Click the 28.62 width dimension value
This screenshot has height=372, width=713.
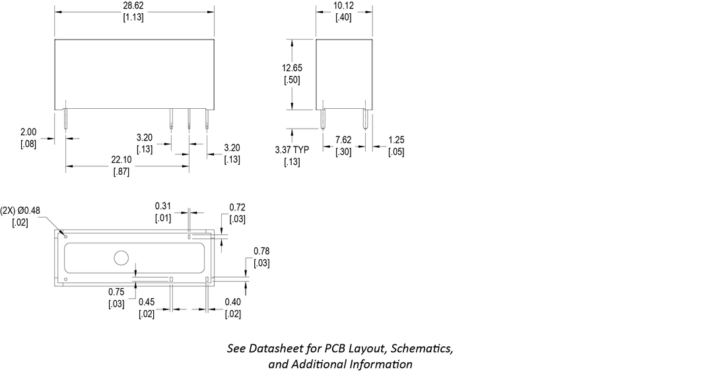click(x=134, y=6)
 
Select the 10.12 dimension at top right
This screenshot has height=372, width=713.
click(x=343, y=6)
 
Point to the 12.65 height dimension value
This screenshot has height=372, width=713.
click(x=292, y=68)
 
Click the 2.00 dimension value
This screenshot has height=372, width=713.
click(x=28, y=132)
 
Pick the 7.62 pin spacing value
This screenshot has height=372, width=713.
click(x=344, y=140)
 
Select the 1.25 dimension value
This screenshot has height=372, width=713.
click(x=396, y=140)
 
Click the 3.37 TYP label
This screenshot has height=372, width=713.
click(x=291, y=150)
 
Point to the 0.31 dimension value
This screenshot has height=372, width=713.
click(x=163, y=206)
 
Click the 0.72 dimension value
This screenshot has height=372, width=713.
click(x=238, y=208)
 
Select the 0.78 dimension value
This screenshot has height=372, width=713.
click(x=261, y=251)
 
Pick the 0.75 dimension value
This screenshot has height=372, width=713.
click(x=116, y=292)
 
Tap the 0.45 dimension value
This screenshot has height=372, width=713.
click(x=147, y=302)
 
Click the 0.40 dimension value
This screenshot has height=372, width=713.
click(x=232, y=302)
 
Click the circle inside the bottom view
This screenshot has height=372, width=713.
click(x=121, y=258)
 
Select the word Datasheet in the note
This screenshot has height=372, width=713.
click(x=276, y=348)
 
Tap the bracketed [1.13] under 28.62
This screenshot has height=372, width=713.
click(x=134, y=18)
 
